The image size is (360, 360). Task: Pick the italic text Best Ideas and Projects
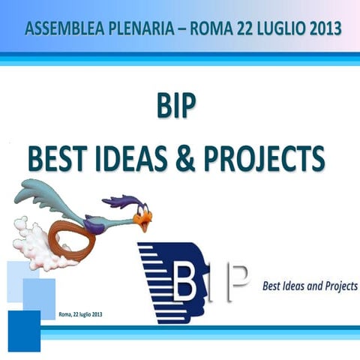tap(310, 287)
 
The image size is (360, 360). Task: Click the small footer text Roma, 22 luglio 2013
tap(80, 314)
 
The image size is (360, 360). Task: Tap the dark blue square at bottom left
tap(24, 329)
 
